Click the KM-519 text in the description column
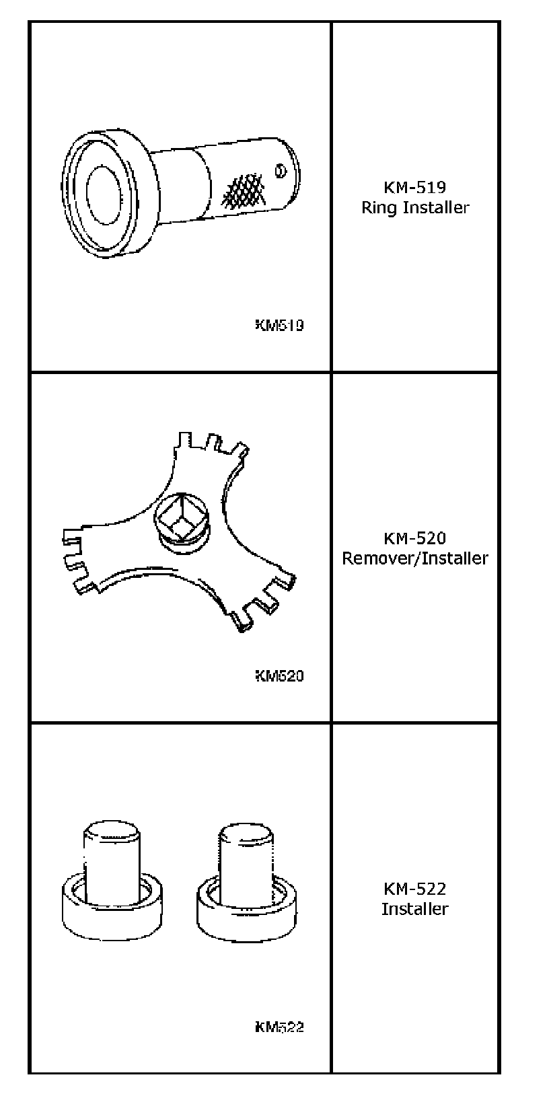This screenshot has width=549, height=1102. (x=414, y=187)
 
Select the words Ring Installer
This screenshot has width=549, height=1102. (x=414, y=207)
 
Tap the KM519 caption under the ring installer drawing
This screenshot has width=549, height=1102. (x=279, y=326)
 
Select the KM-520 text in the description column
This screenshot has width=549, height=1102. (x=414, y=538)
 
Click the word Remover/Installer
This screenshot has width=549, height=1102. (x=414, y=558)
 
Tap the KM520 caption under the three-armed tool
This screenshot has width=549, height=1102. (x=279, y=676)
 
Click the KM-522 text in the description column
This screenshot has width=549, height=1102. (x=414, y=889)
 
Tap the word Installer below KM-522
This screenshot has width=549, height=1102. (x=414, y=909)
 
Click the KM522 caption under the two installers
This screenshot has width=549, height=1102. (x=279, y=1027)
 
